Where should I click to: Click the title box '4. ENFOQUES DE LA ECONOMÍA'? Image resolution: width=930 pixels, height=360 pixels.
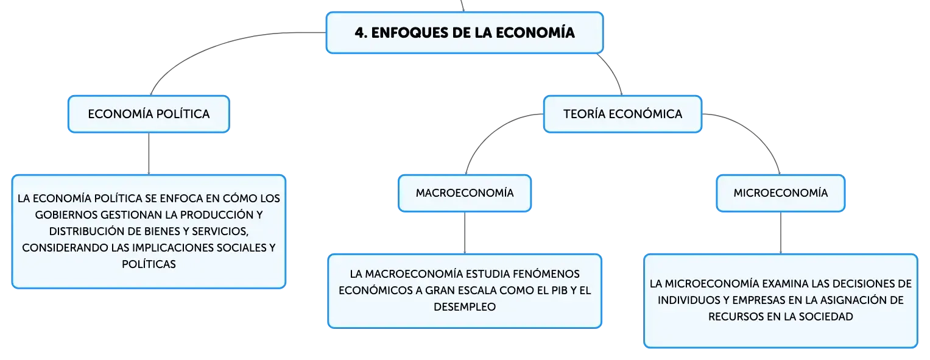pyautogui.click(x=465, y=32)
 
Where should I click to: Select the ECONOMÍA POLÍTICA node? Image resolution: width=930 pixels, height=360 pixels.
pyautogui.click(x=149, y=114)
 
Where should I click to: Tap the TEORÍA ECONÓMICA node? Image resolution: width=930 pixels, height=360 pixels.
pyautogui.click(x=623, y=114)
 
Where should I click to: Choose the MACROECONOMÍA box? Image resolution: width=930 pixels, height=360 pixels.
pyautogui.click(x=465, y=193)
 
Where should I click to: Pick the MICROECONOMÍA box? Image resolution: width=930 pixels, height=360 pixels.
pyautogui.click(x=781, y=193)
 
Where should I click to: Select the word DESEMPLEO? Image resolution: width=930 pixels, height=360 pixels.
pyautogui.click(x=465, y=307)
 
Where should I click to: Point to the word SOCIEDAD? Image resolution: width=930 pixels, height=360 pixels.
pyautogui.click(x=826, y=317)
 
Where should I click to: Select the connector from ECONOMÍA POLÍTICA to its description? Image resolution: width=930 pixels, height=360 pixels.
pyautogui.click(x=149, y=154)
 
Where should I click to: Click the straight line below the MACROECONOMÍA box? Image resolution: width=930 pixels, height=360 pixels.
pyautogui.click(x=465, y=233)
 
